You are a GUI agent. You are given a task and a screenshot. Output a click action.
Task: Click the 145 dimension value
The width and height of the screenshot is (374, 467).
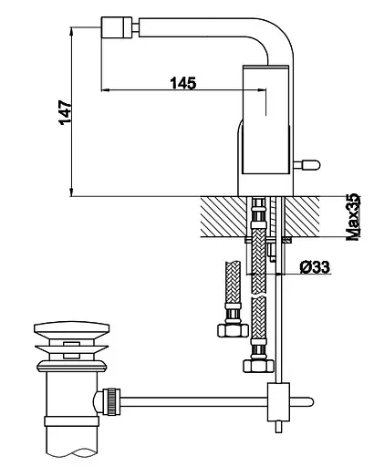183,83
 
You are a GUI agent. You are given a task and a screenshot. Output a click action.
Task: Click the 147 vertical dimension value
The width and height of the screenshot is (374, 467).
66,112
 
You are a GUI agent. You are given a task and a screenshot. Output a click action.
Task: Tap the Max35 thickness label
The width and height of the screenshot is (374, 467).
354,217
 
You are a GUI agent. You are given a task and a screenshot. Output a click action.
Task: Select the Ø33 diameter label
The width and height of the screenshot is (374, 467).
315,267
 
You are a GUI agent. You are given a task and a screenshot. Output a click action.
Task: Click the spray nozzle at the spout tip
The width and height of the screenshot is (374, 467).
117,27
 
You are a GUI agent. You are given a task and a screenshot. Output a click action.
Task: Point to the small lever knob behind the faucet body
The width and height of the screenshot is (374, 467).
307,165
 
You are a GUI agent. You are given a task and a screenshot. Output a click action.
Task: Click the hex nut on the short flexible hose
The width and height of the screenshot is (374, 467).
233,330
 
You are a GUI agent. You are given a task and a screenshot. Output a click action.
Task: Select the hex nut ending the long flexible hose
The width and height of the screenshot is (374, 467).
258,366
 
